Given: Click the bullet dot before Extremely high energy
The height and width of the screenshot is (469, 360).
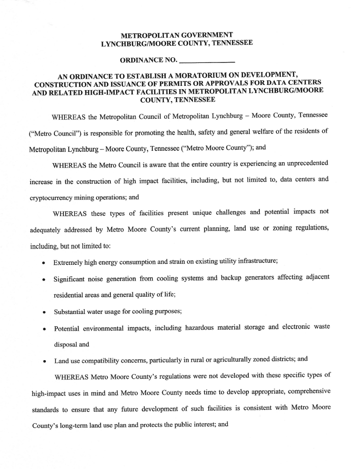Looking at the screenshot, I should [44, 263].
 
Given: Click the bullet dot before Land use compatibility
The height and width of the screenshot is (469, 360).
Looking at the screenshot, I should [44, 361].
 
